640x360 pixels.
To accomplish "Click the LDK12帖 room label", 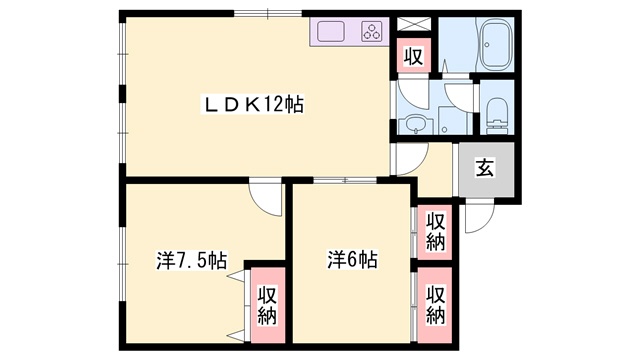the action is point(253,105).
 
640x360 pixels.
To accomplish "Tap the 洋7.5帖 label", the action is point(191,260).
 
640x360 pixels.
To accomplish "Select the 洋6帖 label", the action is point(353,260).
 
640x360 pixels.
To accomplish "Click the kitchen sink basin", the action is point(331,31).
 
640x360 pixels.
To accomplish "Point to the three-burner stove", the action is point(372,32).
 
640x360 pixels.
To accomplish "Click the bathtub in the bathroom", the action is point(496,45).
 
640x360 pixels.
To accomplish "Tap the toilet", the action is point(496,115).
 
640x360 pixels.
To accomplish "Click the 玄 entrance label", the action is point(485,168).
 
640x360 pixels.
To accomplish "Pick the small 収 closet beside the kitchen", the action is point(414,56).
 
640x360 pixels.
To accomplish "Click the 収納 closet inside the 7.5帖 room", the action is point(267,305).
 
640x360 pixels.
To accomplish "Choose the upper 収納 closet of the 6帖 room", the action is point(435,232).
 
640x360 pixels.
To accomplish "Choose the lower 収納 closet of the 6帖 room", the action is point(435,305).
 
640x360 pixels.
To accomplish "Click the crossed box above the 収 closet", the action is point(414,24).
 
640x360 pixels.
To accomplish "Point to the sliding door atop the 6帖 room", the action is point(345,180).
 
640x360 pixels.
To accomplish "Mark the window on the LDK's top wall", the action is point(268,13).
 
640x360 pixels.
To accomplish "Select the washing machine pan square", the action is point(453,120).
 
